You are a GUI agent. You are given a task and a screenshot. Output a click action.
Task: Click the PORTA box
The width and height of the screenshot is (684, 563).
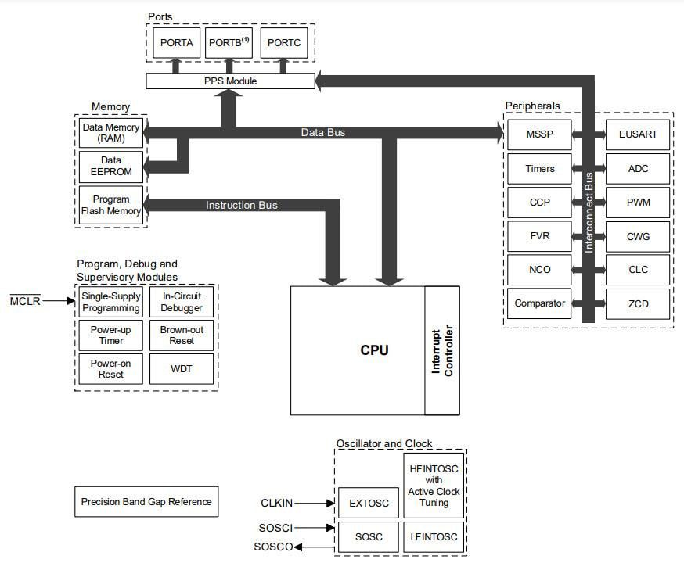tap(176, 42)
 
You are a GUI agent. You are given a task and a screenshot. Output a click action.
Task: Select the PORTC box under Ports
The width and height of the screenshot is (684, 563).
tap(283, 42)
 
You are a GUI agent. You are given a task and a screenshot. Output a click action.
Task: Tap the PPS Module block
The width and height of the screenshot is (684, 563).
tap(230, 81)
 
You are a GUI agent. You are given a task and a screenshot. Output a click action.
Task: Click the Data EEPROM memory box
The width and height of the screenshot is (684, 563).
tap(111, 166)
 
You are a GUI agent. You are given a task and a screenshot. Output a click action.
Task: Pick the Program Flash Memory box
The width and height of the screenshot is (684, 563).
tap(111, 205)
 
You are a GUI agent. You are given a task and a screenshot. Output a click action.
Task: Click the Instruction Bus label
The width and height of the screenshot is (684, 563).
tap(241, 205)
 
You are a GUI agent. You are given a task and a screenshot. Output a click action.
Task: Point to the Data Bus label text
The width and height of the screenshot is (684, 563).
tap(322, 133)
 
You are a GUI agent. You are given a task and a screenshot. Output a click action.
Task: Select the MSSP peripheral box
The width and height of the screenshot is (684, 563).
tap(539, 134)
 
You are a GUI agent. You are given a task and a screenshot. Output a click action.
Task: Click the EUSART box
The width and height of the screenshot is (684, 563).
tap(638, 134)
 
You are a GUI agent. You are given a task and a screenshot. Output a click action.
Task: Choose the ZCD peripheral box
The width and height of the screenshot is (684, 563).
tap(638, 303)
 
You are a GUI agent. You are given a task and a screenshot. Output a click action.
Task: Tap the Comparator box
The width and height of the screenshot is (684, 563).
tap(539, 303)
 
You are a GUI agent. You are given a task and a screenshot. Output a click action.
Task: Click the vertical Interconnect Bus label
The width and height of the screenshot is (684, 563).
tap(589, 211)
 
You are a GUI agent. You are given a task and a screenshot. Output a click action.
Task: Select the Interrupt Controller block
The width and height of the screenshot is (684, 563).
tap(442, 350)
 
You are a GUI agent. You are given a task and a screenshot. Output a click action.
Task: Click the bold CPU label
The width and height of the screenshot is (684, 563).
tap(374, 350)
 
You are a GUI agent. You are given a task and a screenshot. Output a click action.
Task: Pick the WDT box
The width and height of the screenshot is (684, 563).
tap(182, 368)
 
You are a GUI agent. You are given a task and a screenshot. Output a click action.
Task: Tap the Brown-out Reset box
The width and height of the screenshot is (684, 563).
tap(182, 335)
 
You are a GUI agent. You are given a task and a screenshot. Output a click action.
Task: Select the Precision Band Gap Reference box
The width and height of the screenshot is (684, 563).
tap(146, 501)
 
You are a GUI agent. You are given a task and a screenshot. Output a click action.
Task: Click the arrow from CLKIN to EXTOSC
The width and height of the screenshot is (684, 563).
tap(316, 504)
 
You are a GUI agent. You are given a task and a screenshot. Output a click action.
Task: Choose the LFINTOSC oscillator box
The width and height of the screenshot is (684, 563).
tap(434, 537)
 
